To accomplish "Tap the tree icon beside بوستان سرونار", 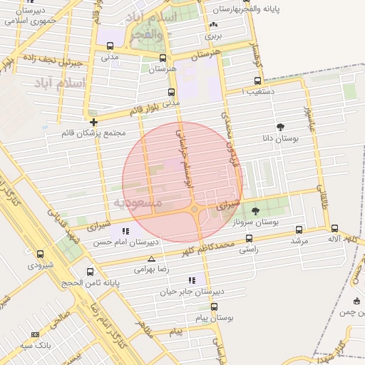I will pyautogui.click(x=256, y=210).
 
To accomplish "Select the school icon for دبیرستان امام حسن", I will pyautogui.click(x=126, y=231).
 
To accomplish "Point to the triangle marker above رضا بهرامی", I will pyautogui.click(x=150, y=259).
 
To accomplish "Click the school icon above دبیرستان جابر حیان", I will pyautogui.click(x=190, y=280).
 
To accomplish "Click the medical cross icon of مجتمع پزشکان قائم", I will pyautogui.click(x=93, y=122).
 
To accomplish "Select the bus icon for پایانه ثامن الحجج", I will pyautogui.click(x=90, y=272).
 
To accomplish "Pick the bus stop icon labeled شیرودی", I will pyautogui.click(x=40, y=254).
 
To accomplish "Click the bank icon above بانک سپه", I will pyautogui.click(x=36, y=334).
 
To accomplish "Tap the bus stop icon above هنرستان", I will pyautogui.click(x=163, y=58).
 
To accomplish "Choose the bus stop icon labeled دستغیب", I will pyautogui.click(x=257, y=81).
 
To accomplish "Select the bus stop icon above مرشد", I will pyautogui.click(x=299, y=230).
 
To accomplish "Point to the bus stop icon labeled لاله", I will pyautogui.click(x=334, y=228).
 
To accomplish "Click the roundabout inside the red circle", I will pyautogui.click(x=195, y=209).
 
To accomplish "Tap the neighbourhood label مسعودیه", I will pyautogui.click(x=138, y=203).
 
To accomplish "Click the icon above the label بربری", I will pyautogui.click(x=213, y=25).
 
